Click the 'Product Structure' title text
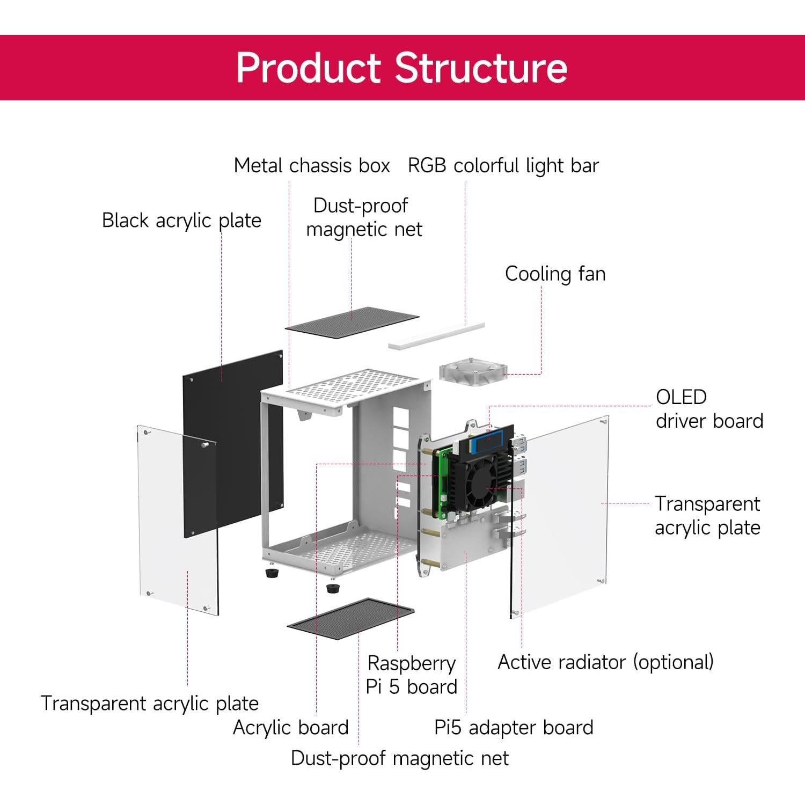pyautogui.click(x=401, y=68)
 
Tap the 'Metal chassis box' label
pyautogui.click(x=312, y=165)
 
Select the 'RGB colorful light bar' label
pyautogui.click(x=503, y=165)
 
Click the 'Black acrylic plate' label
pyautogui.click(x=181, y=220)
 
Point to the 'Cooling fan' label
pyautogui.click(x=555, y=274)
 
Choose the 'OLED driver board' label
pyautogui.click(x=709, y=409)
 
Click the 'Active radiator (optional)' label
pyautogui.click(x=605, y=662)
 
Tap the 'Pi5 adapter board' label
pyautogui.click(x=514, y=727)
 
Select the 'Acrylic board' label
pyautogui.click(x=290, y=727)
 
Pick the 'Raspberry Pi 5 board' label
pyautogui.click(x=411, y=675)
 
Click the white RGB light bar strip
pyautogui.click(x=436, y=336)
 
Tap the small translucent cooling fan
pyautogui.click(x=472, y=371)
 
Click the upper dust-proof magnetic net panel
pyautogui.click(x=352, y=319)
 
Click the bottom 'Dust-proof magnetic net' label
pyautogui.click(x=400, y=758)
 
